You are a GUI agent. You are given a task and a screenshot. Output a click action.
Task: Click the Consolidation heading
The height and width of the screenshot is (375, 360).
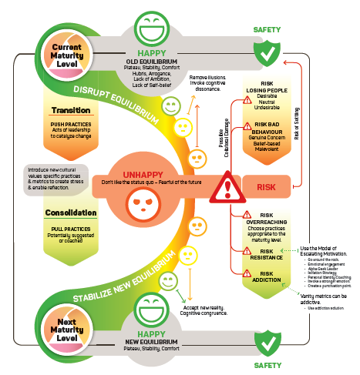70,213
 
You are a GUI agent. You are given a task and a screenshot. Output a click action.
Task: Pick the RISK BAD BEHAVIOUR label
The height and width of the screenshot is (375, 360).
269,128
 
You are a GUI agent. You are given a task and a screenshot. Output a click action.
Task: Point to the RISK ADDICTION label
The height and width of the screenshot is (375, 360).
266,277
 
